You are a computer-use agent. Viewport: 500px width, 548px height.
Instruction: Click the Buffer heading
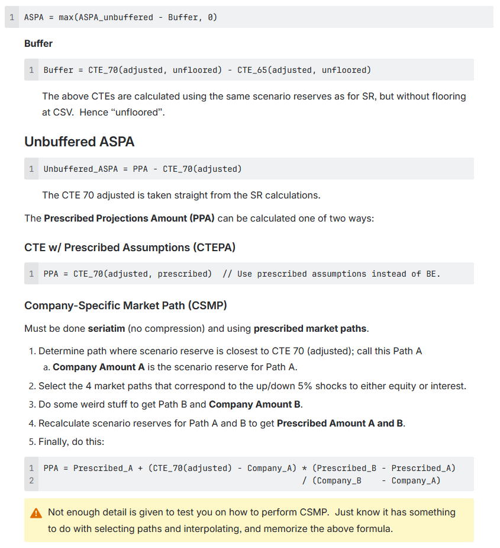[x=38, y=43]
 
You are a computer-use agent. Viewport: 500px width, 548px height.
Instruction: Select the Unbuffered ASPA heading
[x=79, y=142]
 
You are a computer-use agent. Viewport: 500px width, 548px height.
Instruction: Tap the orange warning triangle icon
[x=36, y=512]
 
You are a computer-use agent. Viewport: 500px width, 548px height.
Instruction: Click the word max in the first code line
[x=66, y=17]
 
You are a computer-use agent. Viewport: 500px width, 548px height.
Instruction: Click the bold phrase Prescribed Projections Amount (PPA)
[x=129, y=218]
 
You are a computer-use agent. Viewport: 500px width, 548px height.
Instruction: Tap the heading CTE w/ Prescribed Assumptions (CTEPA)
[x=130, y=247]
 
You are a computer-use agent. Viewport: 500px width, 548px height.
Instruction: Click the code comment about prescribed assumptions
[x=331, y=274]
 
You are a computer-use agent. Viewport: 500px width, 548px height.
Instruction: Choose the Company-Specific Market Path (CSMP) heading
[x=125, y=306]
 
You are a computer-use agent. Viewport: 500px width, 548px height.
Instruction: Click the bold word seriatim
[x=107, y=328]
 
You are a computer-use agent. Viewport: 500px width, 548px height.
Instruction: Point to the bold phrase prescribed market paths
[x=310, y=328]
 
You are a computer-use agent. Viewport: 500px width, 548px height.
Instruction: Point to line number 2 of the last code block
[x=31, y=480]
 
